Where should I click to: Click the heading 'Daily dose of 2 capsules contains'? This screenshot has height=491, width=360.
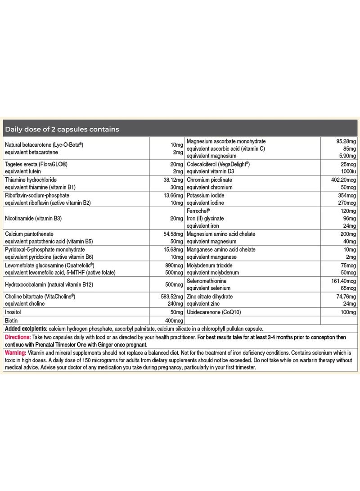62,129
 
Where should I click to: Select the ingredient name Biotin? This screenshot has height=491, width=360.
12,320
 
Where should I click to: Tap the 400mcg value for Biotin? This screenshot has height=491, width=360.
172,320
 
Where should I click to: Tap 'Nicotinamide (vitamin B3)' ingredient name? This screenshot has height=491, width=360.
37,218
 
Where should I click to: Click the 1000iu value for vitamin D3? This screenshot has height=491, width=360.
348,171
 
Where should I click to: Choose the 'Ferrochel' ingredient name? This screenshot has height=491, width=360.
198,211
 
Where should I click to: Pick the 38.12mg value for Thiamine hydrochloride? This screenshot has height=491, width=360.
171,179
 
